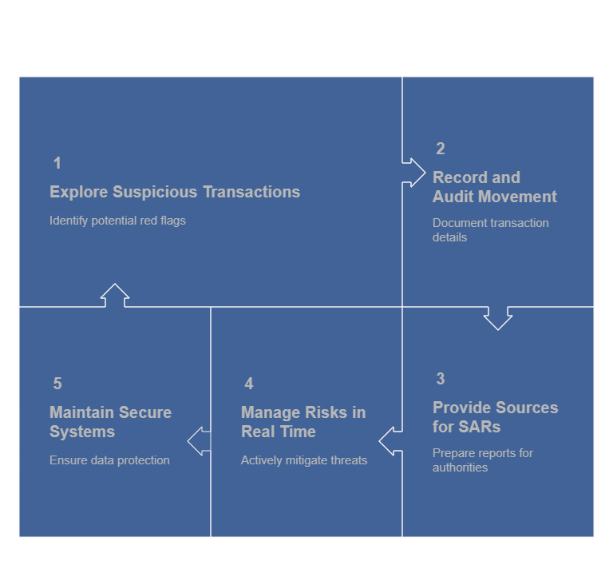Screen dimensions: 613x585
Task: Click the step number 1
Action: (x=57, y=163)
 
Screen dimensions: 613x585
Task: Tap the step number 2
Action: (x=440, y=149)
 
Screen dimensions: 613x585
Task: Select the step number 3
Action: (x=440, y=379)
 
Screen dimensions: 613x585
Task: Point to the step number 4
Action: (x=248, y=384)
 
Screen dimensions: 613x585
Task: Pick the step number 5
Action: (x=57, y=384)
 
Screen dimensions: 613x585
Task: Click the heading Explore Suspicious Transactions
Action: (x=175, y=192)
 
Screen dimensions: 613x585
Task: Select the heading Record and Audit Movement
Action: (x=494, y=187)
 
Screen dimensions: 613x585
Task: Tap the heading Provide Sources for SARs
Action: (x=495, y=417)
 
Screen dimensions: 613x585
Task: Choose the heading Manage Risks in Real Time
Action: (x=303, y=422)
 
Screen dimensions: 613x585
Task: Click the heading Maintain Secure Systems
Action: (x=110, y=422)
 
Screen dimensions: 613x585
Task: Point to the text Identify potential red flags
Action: (x=117, y=221)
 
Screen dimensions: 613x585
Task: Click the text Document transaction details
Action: (x=490, y=230)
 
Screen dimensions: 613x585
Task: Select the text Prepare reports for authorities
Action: (x=482, y=460)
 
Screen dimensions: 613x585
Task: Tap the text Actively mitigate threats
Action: (x=304, y=460)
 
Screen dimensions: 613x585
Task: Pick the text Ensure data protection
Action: (x=109, y=460)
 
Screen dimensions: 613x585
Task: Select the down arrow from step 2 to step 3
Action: (x=498, y=317)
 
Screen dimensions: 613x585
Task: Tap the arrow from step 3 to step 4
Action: (x=390, y=440)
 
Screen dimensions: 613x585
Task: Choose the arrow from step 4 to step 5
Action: (x=199, y=440)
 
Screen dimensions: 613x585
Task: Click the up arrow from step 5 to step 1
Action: (x=115, y=295)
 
